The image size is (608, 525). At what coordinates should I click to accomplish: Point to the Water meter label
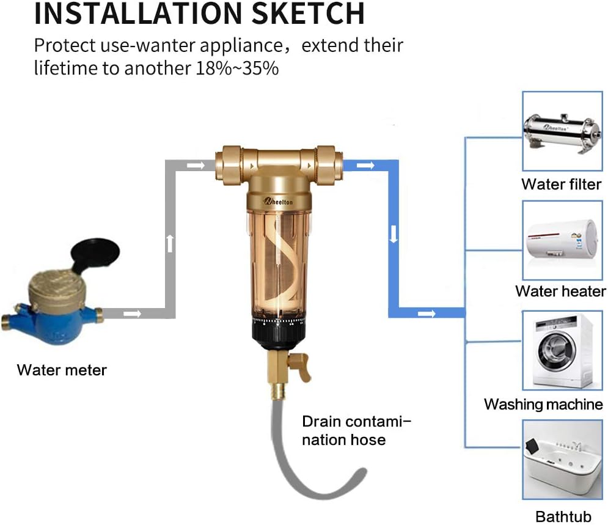(x=62, y=370)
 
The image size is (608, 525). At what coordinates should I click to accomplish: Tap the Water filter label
(x=561, y=184)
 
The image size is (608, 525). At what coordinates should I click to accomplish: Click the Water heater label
(x=560, y=291)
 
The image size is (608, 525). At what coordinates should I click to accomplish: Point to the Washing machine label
(x=543, y=404)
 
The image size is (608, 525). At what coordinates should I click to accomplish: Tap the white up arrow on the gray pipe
(x=170, y=243)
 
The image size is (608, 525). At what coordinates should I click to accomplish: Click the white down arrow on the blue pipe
(x=394, y=234)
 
